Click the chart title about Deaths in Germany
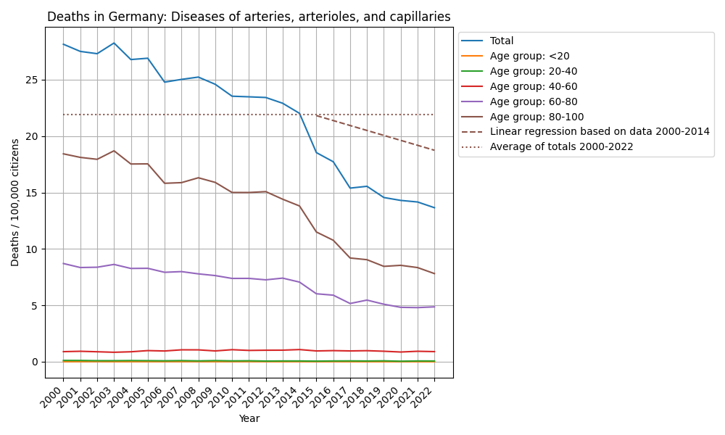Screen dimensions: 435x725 tap(249, 17)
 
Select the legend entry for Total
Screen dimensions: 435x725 tap(502, 41)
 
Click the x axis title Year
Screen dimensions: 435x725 tap(249, 418)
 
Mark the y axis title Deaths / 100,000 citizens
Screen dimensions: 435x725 tap(15, 202)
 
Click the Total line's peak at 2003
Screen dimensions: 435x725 tap(114, 43)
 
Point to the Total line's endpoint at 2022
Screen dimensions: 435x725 tap(434, 207)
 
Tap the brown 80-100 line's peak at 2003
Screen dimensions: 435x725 tap(114, 151)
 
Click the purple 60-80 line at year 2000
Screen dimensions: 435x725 tap(63, 263)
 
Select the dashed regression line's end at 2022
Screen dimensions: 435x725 tap(434, 150)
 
